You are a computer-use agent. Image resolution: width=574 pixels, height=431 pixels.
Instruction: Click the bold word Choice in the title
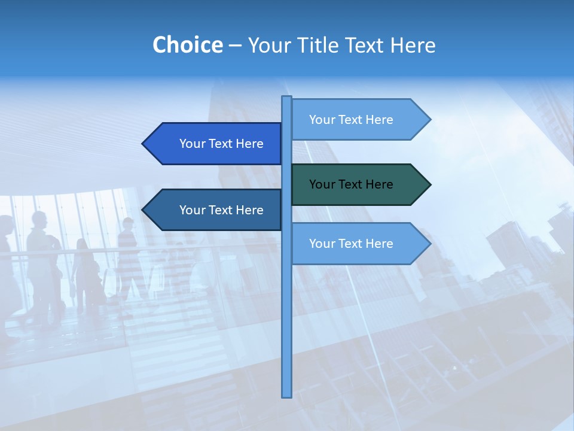187,45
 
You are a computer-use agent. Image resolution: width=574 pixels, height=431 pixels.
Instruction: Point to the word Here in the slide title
413,45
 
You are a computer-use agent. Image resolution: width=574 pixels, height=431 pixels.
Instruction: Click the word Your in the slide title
268,45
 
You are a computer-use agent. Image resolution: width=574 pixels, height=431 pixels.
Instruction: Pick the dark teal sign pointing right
359,184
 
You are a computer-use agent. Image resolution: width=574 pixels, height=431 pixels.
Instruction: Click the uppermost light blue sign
359,120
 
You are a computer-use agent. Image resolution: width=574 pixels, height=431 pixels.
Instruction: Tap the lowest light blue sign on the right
359,244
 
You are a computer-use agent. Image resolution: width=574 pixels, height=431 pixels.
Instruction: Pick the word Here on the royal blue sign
249,144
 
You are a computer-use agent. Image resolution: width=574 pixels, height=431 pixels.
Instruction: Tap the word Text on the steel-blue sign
221,210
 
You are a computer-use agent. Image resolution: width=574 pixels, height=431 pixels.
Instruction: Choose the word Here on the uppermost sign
379,120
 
